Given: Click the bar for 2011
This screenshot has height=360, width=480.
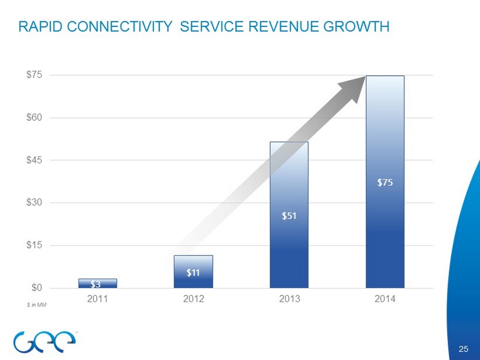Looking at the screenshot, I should [x=98, y=283].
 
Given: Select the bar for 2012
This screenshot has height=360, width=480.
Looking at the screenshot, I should [x=193, y=272].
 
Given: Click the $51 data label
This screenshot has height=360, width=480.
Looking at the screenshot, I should [x=290, y=215].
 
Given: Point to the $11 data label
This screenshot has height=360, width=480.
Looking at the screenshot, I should [x=194, y=273].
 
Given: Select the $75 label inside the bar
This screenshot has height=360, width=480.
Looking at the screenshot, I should [x=385, y=182].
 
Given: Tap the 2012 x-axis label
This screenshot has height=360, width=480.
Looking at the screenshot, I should [x=193, y=299].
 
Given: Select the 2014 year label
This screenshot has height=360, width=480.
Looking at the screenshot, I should [x=385, y=299].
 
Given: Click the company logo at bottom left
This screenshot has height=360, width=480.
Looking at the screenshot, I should [x=42, y=339].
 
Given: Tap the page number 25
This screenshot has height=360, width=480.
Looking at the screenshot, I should [x=463, y=350].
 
